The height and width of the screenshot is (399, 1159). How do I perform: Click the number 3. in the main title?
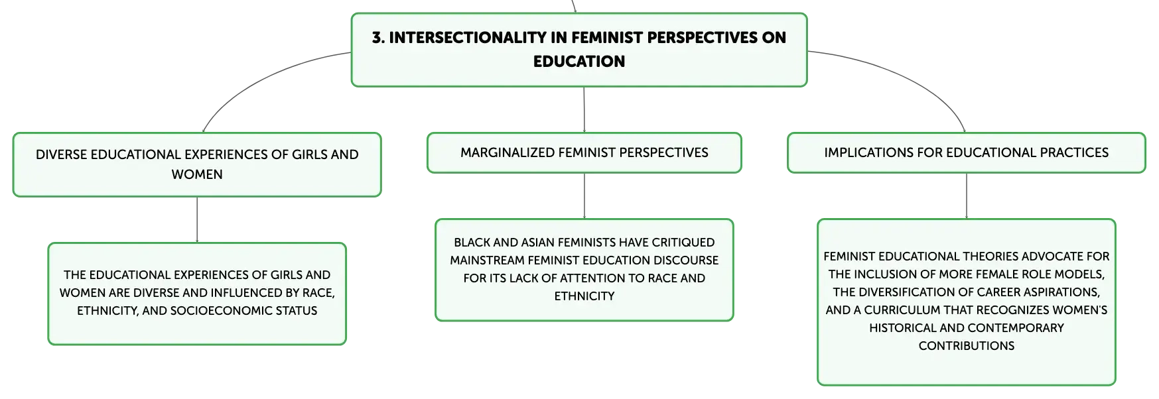click(x=378, y=38)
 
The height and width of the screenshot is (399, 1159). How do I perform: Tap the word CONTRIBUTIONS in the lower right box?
click(x=967, y=346)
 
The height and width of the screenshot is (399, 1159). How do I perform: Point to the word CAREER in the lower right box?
click(x=993, y=292)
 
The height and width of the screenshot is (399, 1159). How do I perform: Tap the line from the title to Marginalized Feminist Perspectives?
click(x=584, y=109)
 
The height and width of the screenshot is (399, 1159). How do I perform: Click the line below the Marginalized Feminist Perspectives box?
click(x=584, y=196)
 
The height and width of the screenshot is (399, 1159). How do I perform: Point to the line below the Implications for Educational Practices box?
click(x=967, y=196)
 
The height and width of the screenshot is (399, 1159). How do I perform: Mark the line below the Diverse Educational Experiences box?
click(x=197, y=220)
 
